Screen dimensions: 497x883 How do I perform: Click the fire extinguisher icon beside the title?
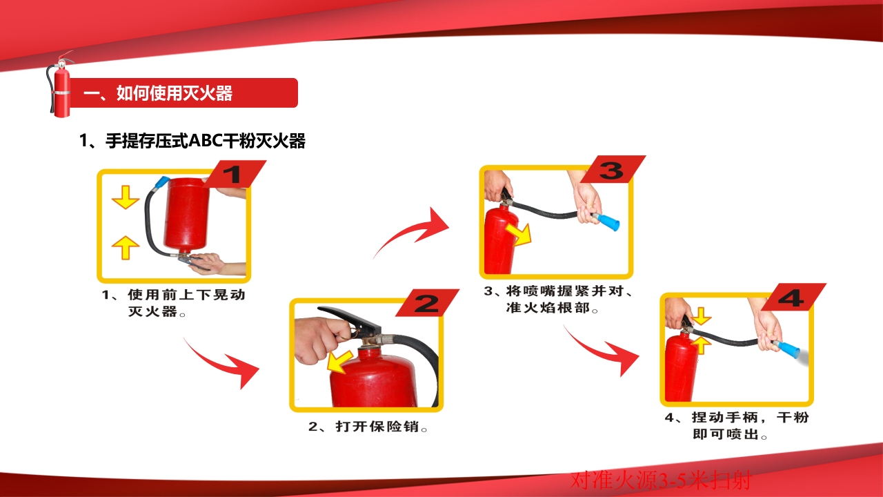click(x=61, y=88)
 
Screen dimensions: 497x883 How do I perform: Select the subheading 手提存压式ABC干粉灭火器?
click(x=192, y=142)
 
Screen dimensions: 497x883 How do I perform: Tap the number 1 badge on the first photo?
click(x=235, y=174)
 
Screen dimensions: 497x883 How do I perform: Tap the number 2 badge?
click(x=427, y=302)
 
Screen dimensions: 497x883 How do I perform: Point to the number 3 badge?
click(x=611, y=169)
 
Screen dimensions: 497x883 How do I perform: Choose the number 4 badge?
click(x=793, y=297)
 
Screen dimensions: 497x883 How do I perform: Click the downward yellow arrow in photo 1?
click(x=126, y=197)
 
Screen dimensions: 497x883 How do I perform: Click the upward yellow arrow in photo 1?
click(x=126, y=246)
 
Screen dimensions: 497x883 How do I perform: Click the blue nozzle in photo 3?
click(x=608, y=222)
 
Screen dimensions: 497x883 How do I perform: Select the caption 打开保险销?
click(x=368, y=427)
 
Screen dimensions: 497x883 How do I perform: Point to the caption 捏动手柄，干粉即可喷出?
click(x=737, y=426)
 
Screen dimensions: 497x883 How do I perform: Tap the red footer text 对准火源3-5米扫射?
click(x=660, y=480)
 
